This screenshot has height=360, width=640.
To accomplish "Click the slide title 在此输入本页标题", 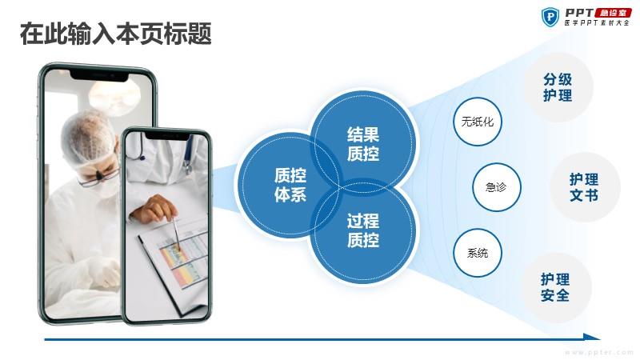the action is (115, 34).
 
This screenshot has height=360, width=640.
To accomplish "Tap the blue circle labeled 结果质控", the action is (363, 143).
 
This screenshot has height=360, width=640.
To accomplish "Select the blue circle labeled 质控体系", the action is (290, 185).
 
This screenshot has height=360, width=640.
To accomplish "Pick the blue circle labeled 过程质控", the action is (363, 230).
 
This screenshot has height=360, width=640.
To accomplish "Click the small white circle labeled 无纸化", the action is (477, 122).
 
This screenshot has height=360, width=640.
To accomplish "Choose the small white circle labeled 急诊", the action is (497, 187).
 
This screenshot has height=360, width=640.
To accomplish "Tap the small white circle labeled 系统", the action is (477, 253).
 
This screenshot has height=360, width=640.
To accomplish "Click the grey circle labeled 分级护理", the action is (558, 87).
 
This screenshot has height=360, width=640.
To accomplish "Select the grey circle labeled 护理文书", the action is (585, 187).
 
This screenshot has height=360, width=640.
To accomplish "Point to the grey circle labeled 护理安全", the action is (555, 287).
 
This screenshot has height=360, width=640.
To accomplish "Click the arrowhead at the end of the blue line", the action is (592, 337).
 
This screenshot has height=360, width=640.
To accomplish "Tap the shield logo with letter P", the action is (550, 17).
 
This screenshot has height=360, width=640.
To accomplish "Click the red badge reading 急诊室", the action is (613, 13).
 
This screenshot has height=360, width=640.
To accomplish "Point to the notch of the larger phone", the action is (99, 76).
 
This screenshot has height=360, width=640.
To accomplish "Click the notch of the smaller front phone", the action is (166, 136).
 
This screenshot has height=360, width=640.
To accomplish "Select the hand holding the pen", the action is (153, 209).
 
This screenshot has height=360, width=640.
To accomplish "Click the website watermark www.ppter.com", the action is (599, 352).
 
